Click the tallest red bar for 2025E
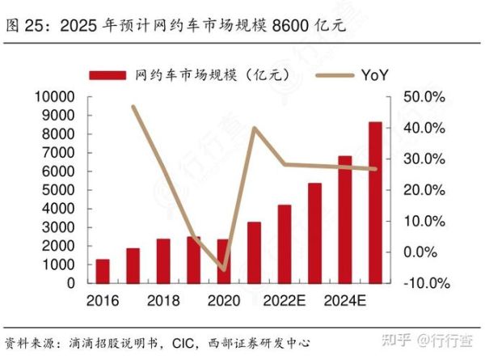pyautogui.click(x=375, y=202)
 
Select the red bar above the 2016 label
pyautogui.click(x=103, y=271)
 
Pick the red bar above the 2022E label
pyautogui.click(x=284, y=244)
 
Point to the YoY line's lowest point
pyautogui.click(x=224, y=269)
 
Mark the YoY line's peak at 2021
pyautogui.click(x=254, y=128)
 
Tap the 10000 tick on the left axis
pyautogui.click(x=57, y=97)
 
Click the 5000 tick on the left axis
pyautogui.click(x=61, y=190)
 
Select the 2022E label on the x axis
pyautogui.click(x=285, y=301)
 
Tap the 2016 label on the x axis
pyautogui.click(x=102, y=301)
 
